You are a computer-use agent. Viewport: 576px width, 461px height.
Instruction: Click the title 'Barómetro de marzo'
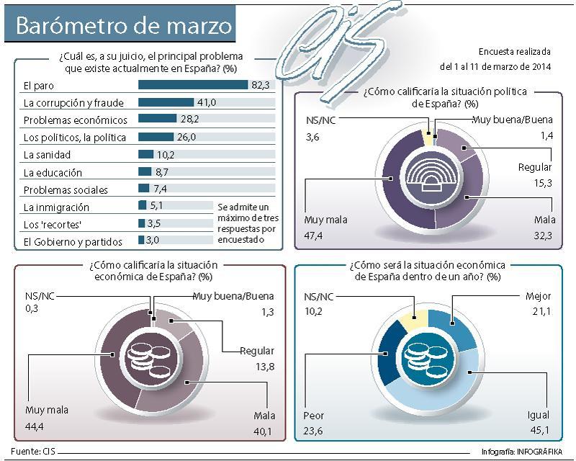point(124,26)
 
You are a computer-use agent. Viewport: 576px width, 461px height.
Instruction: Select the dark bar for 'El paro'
point(192,85)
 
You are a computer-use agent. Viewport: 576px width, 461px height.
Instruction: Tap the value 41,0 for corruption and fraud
point(207,103)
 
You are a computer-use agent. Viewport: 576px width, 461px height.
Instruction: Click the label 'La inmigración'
point(56,207)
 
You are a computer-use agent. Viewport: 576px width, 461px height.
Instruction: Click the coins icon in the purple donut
point(146,356)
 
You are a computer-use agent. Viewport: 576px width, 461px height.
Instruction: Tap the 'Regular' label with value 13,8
point(258,352)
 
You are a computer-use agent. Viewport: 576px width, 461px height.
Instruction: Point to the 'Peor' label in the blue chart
point(315,416)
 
